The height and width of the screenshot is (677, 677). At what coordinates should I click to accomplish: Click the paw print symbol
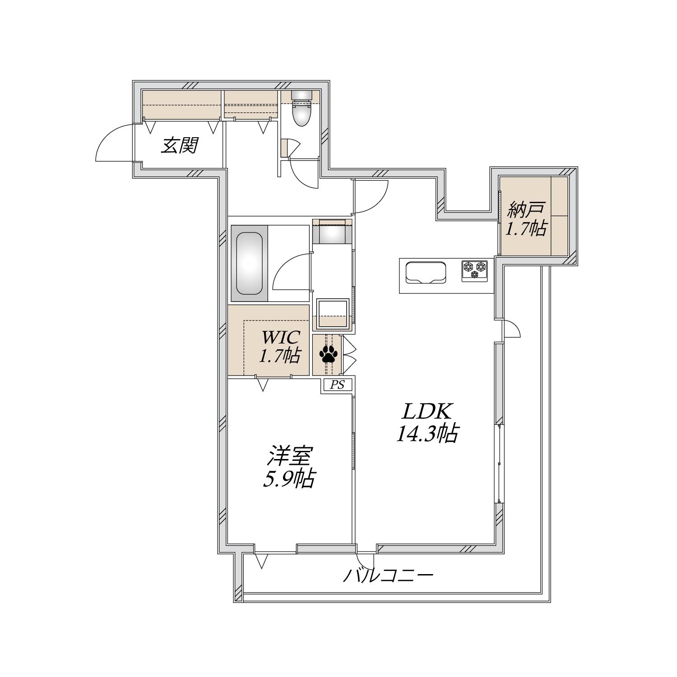pyautogui.click(x=327, y=354)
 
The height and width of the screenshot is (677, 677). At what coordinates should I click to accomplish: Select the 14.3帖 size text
pyautogui.click(x=427, y=434)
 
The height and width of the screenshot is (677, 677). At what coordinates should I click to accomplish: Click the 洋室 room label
pyautogui.click(x=289, y=457)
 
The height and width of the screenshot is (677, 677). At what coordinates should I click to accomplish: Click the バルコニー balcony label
pyautogui.click(x=388, y=576)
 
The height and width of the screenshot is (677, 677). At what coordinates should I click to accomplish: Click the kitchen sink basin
pyautogui.click(x=426, y=273)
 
